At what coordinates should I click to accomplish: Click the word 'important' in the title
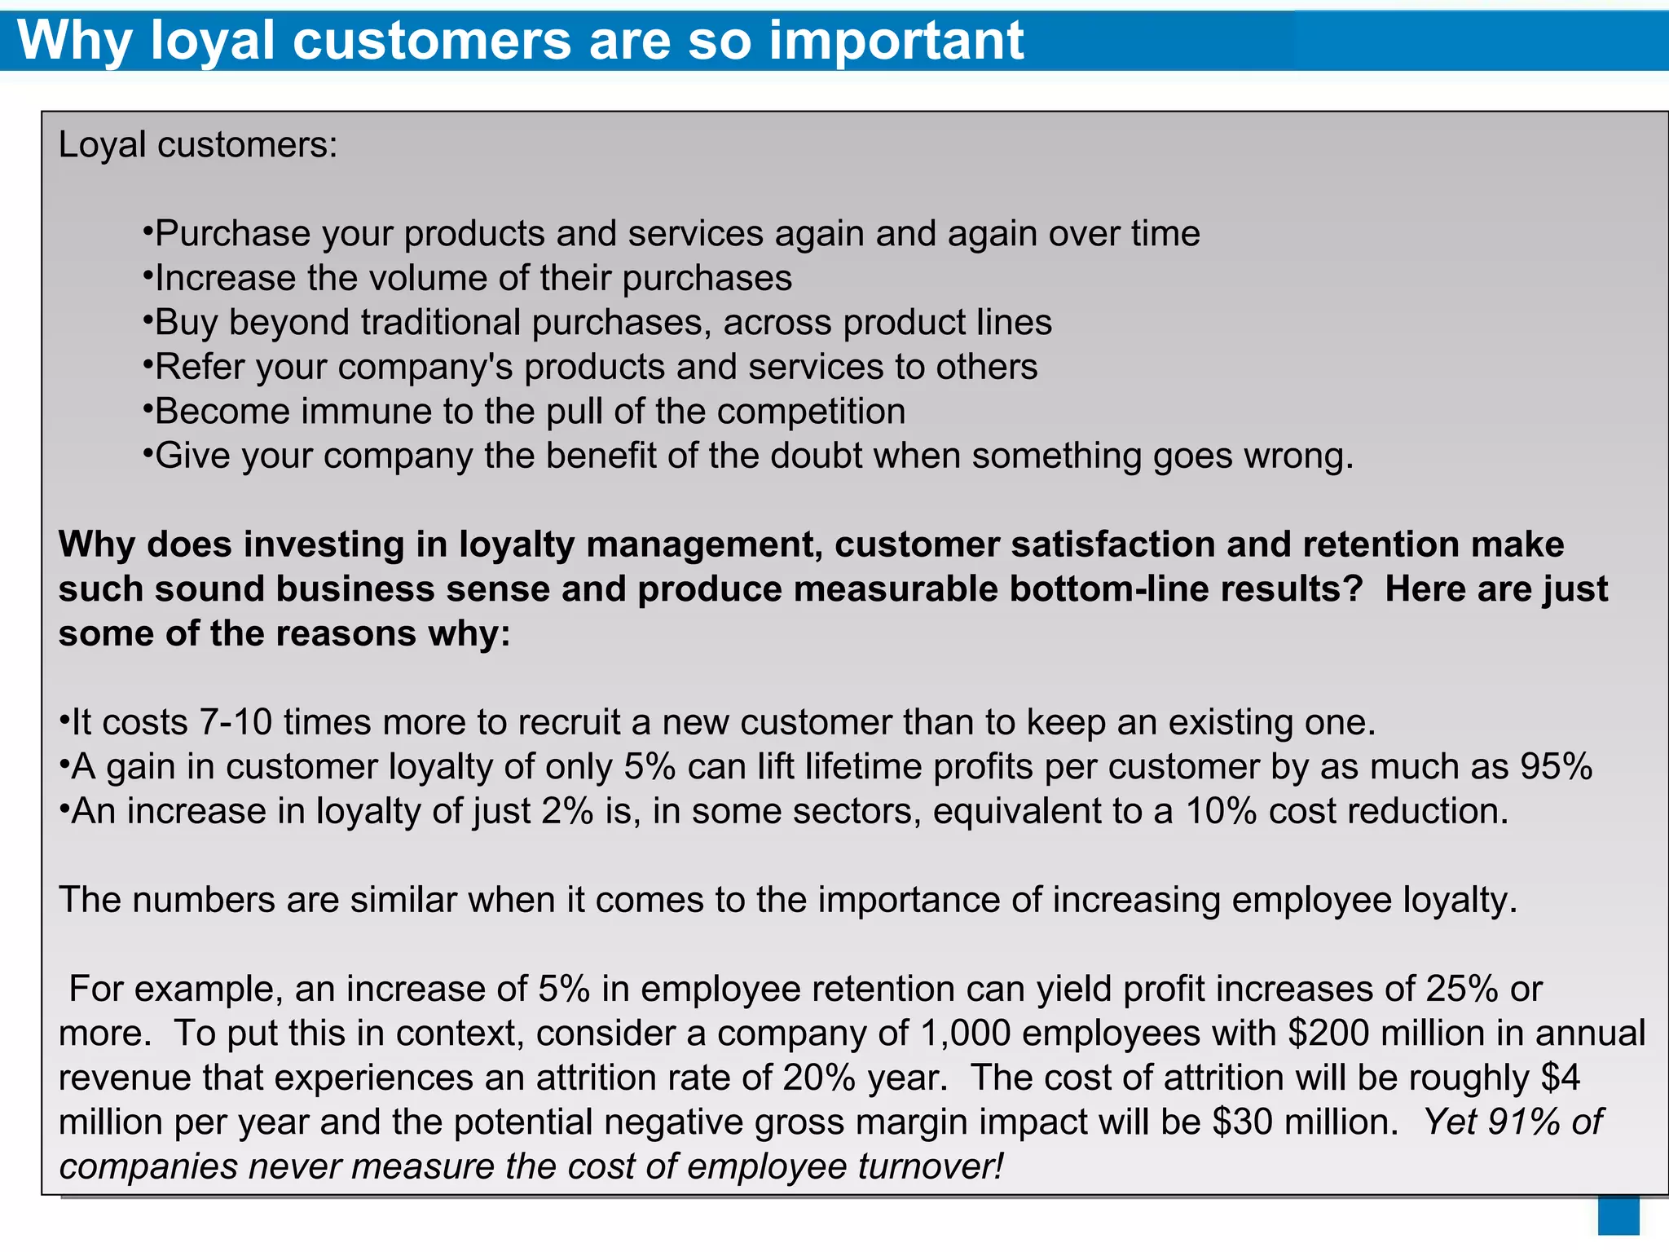896,41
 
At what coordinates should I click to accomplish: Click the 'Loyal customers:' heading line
197,145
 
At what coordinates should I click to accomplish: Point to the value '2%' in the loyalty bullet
567,812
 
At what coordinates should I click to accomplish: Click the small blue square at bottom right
1618,1215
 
